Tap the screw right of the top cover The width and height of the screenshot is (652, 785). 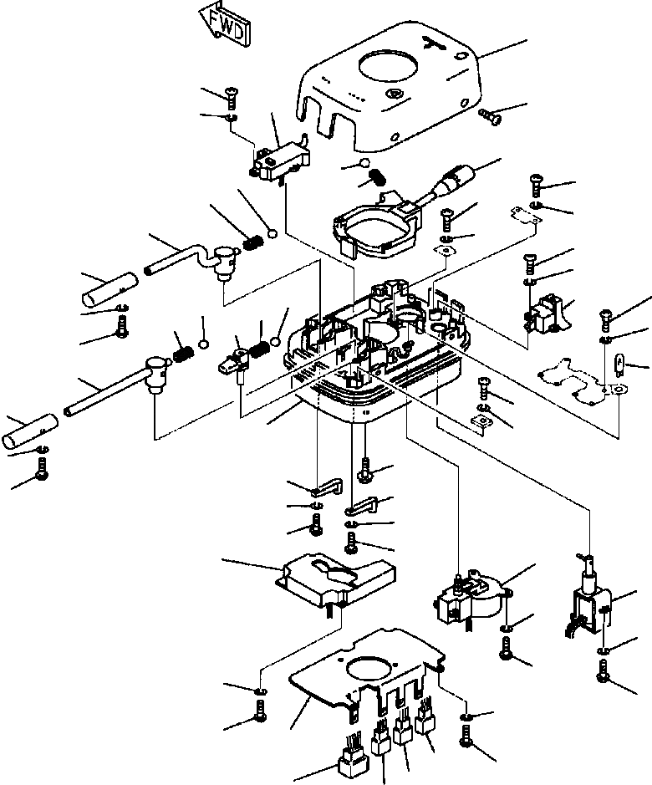tap(490, 118)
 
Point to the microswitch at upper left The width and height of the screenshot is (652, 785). tap(281, 159)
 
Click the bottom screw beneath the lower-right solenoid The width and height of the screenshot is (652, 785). tap(604, 668)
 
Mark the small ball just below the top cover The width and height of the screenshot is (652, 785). tap(364, 162)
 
